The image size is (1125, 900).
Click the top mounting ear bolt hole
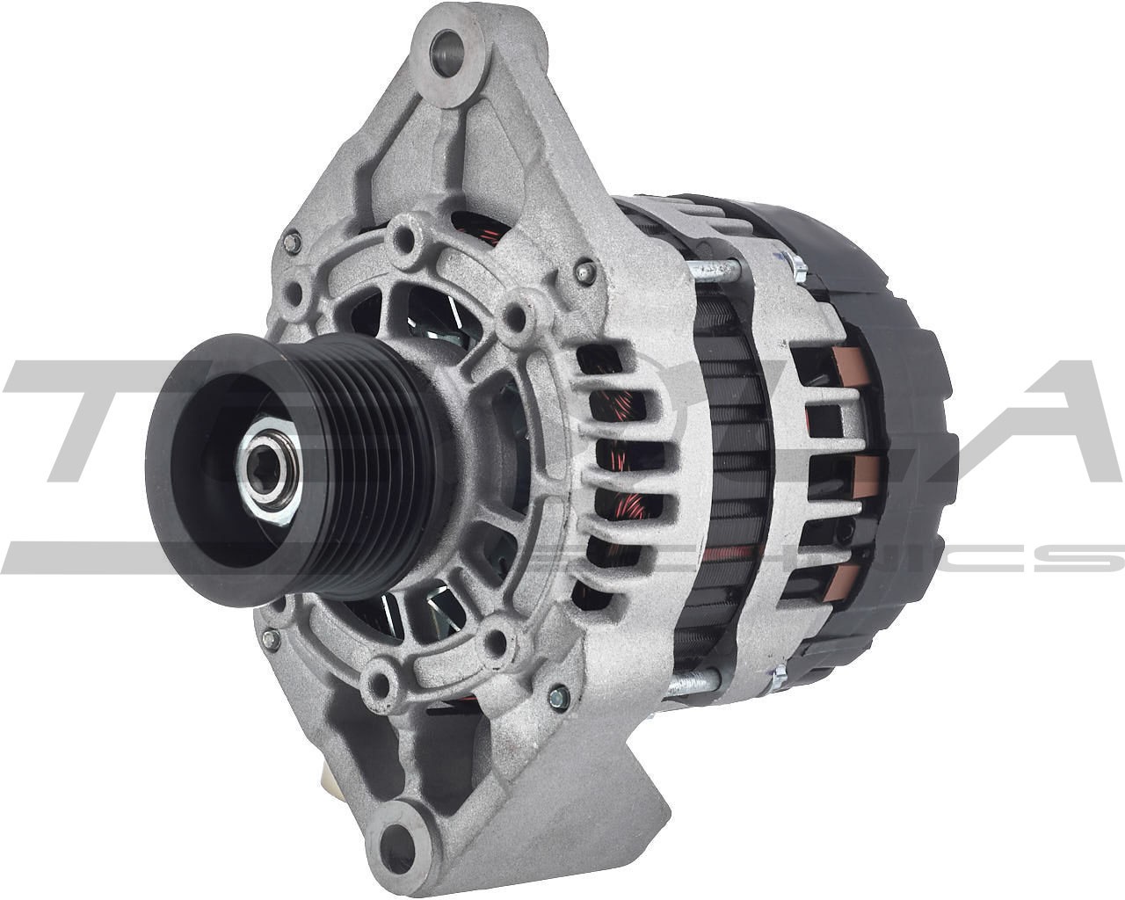coord(450,45)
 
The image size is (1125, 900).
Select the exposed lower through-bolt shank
coord(694,679)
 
